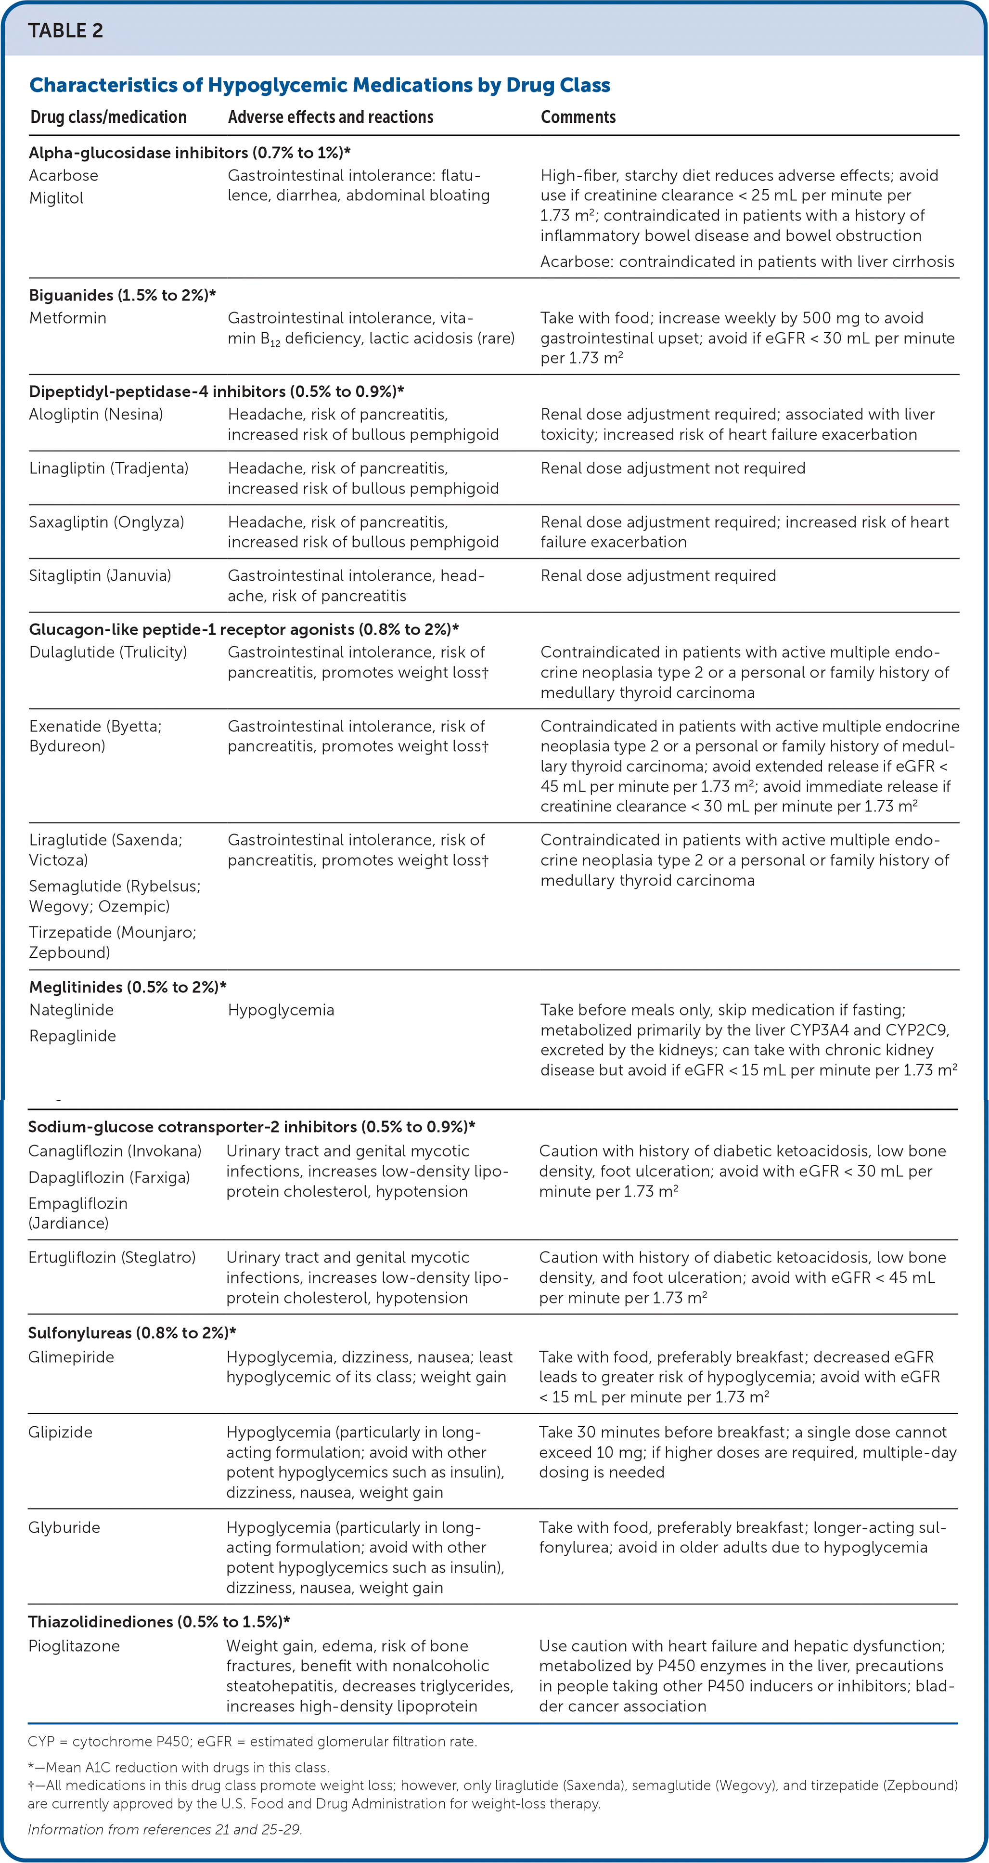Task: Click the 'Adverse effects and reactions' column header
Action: tap(331, 117)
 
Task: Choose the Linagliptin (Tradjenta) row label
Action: tap(108, 468)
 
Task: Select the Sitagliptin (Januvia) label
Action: tap(100, 576)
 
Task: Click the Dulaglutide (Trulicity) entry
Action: tap(108, 652)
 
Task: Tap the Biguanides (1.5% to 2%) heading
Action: tap(123, 295)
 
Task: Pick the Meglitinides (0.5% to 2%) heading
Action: tap(127, 987)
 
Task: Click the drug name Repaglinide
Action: tap(72, 1036)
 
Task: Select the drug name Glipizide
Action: tap(60, 1432)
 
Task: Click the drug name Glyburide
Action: tap(64, 1527)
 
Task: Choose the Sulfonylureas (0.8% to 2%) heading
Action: tap(131, 1333)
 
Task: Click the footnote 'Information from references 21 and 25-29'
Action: tap(165, 1830)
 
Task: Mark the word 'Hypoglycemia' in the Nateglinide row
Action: tap(281, 1010)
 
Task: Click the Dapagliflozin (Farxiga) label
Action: tap(109, 1177)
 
